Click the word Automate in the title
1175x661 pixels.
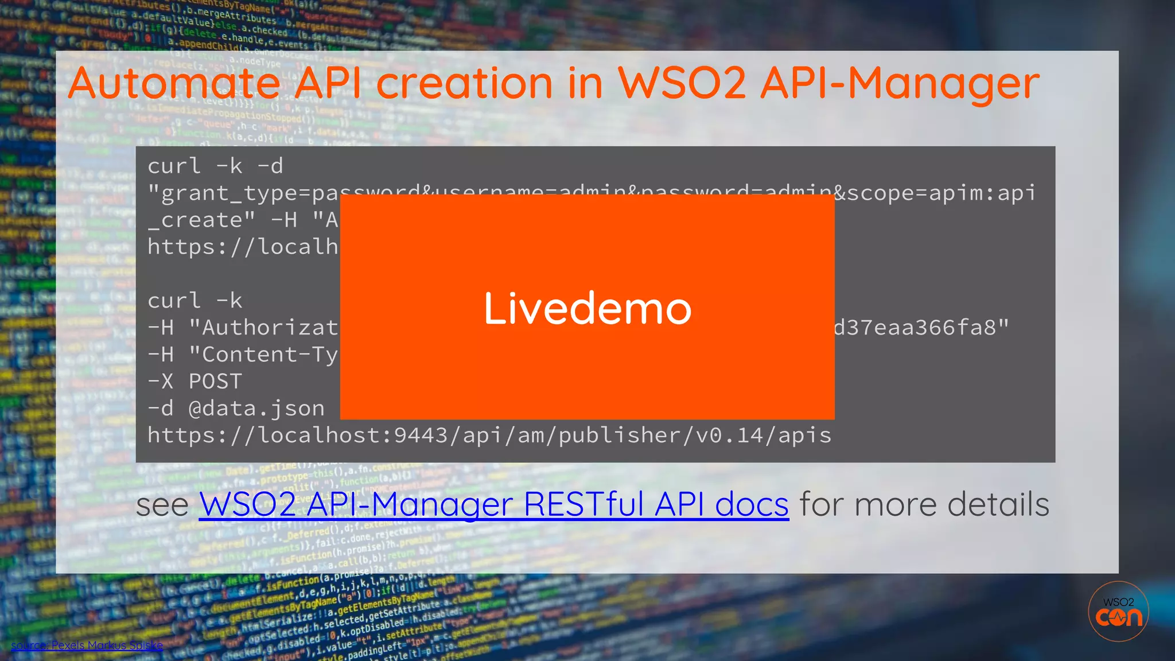click(174, 84)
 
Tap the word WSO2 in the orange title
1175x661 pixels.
click(682, 84)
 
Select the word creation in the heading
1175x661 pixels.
click(465, 84)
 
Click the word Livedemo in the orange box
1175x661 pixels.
click(587, 309)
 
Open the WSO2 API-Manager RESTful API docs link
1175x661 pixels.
click(493, 505)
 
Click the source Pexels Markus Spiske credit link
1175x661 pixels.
click(87, 646)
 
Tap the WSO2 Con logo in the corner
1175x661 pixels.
click(1118, 612)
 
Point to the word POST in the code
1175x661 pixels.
click(215, 382)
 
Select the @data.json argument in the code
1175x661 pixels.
click(256, 409)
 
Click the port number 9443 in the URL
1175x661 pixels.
click(421, 436)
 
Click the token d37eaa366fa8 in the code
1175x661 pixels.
click(915, 328)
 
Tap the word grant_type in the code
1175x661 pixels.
click(229, 193)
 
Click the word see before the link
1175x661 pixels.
click(162, 505)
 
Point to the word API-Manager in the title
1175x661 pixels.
click(900, 84)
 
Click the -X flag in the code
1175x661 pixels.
click(161, 382)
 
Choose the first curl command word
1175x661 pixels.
click(174, 166)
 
